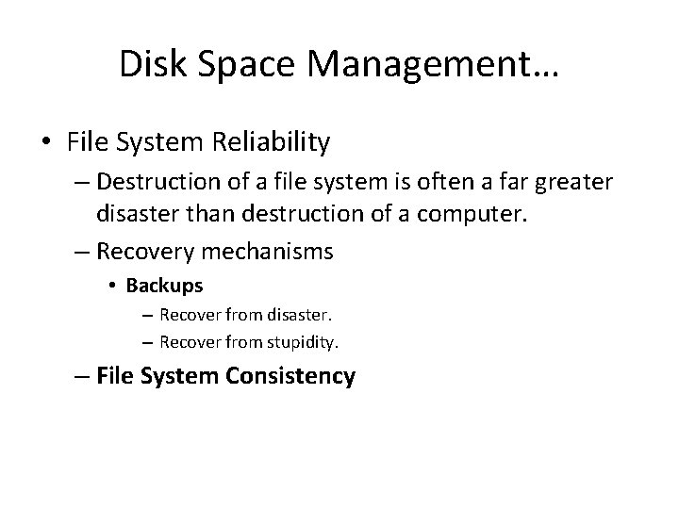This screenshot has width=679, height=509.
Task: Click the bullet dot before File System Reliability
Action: pyautogui.click(x=46, y=143)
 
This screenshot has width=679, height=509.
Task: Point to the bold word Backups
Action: pyautogui.click(x=164, y=284)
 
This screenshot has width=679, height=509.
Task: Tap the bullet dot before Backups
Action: pyautogui.click(x=112, y=285)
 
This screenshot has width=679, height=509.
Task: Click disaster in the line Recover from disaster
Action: pyautogui.click(x=287, y=314)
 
